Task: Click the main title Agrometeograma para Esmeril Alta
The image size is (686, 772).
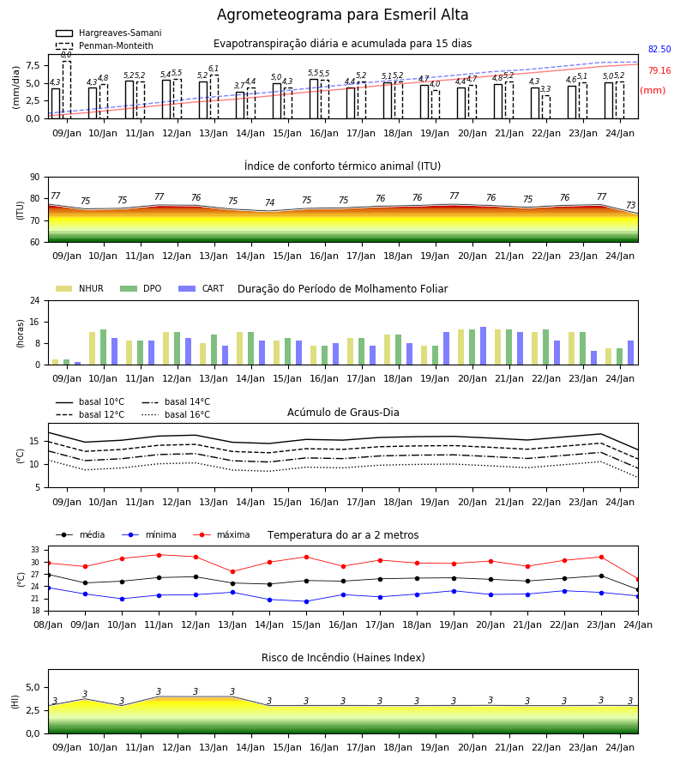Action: [342, 15]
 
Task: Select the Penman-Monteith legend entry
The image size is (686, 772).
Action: [105, 45]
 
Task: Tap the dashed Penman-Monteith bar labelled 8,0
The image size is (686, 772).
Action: [67, 89]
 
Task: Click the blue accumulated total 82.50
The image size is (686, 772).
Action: [659, 49]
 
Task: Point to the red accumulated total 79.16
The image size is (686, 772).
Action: [659, 70]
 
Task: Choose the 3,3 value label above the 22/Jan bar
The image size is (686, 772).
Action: [545, 89]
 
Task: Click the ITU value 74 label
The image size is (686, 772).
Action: [269, 202]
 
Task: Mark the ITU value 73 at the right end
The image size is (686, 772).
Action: [630, 205]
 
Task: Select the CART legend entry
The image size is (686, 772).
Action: [202, 288]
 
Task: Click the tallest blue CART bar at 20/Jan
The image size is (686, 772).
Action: [484, 346]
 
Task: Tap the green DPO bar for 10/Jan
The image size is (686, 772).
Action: [104, 347]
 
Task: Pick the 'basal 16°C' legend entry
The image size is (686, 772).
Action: [176, 414]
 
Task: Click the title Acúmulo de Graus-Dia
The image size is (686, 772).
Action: [343, 413]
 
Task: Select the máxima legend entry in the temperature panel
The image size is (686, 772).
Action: [222, 534]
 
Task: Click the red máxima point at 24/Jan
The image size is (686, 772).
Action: [638, 580]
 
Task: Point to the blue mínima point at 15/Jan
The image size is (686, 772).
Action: [307, 601]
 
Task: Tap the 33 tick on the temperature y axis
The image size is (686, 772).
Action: [35, 550]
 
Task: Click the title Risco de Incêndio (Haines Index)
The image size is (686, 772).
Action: [343, 658]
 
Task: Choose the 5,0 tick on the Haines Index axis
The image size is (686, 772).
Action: [33, 687]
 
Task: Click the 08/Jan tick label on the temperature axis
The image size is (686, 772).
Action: [48, 624]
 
